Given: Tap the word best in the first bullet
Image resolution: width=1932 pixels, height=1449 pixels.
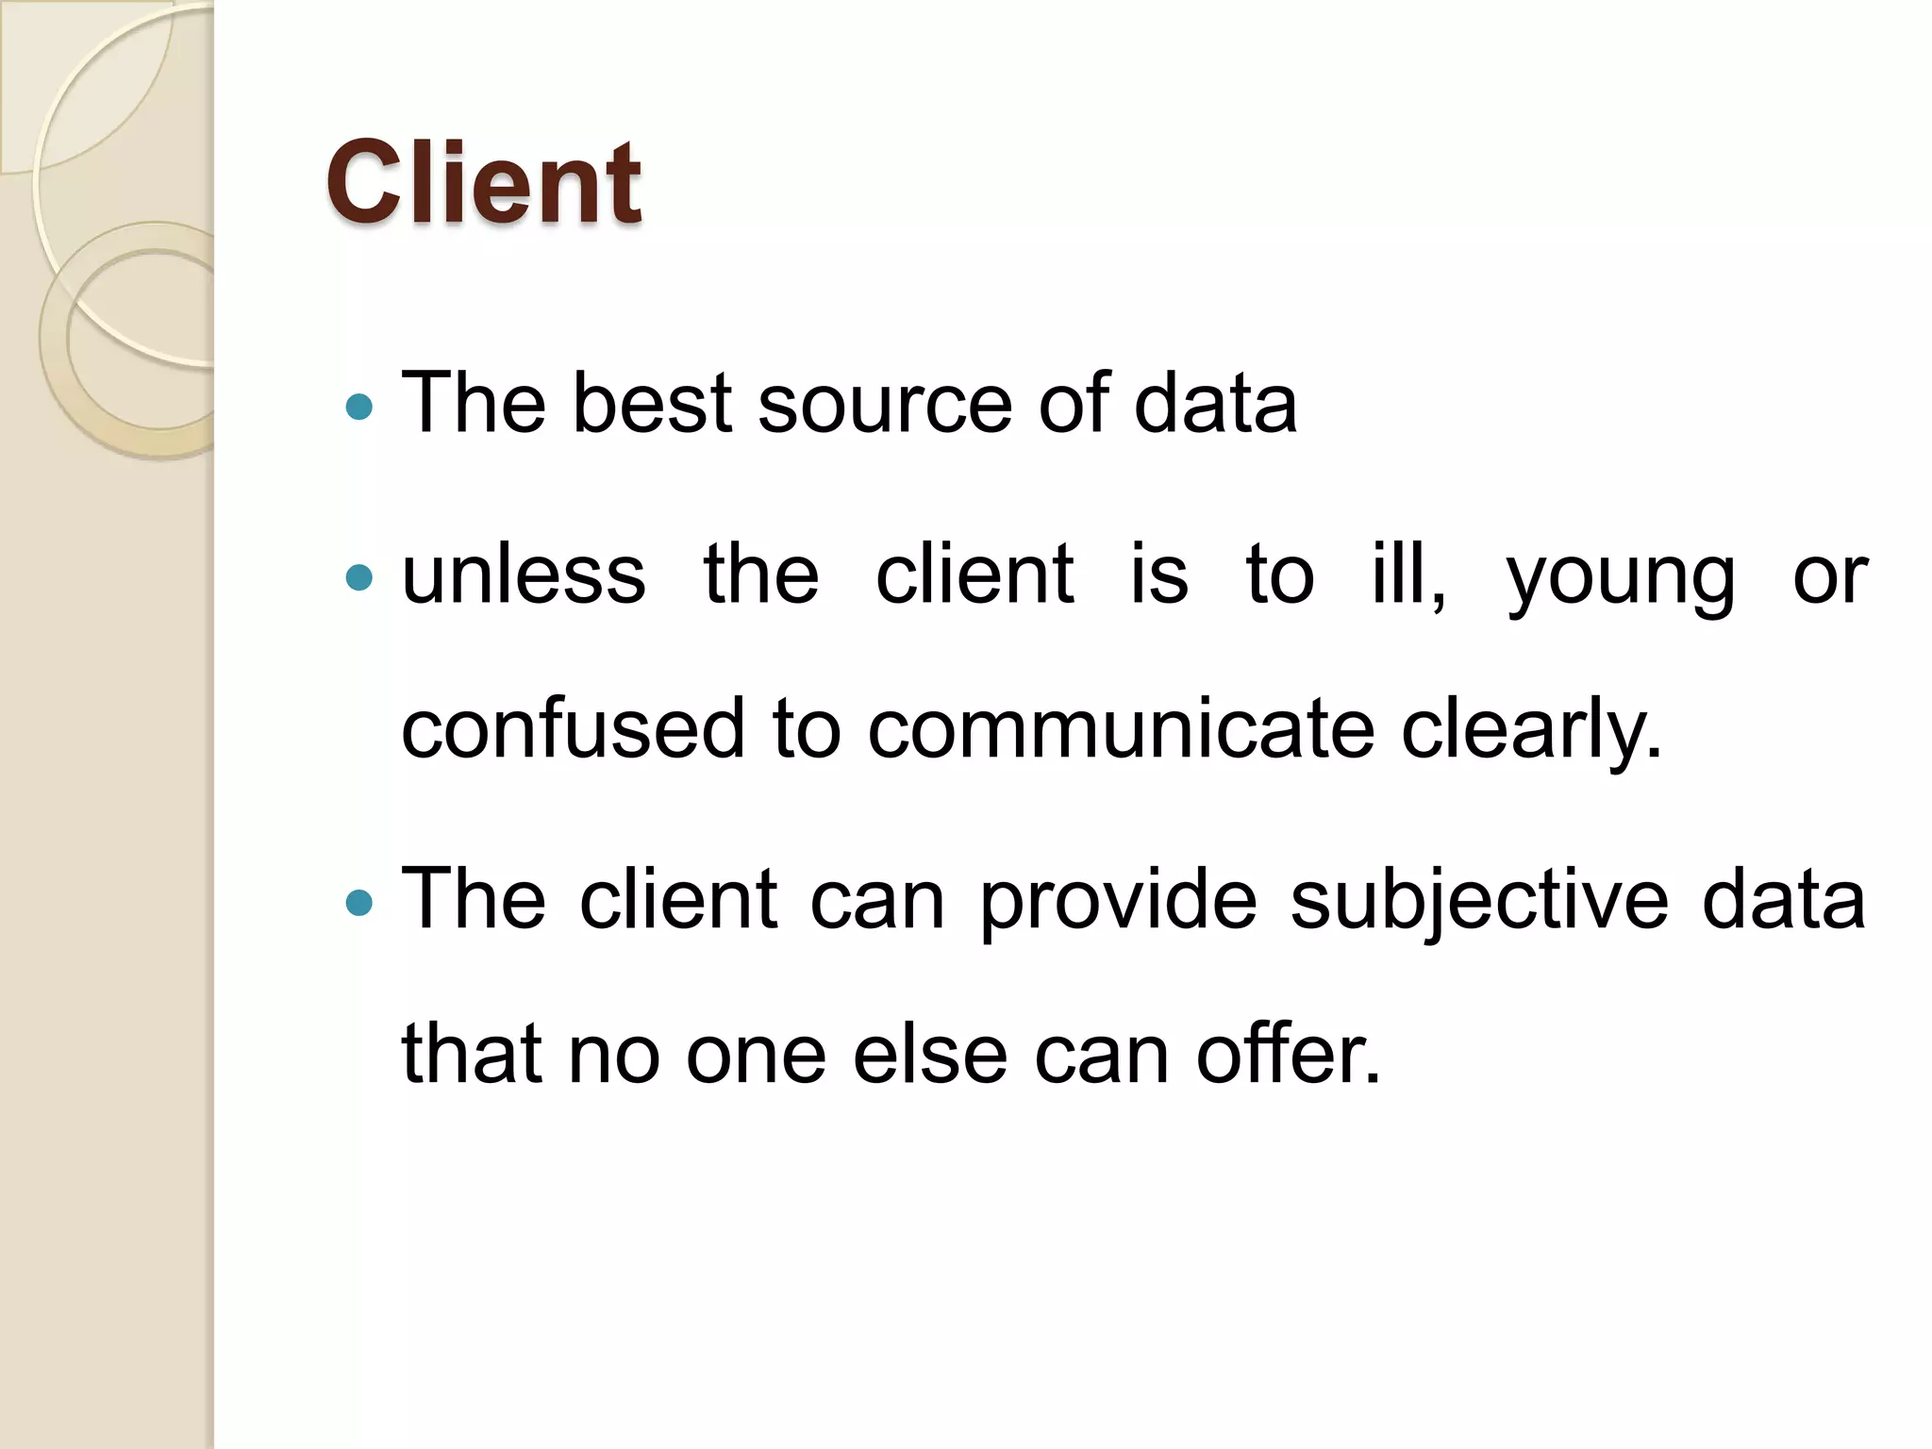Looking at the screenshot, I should pos(652,404).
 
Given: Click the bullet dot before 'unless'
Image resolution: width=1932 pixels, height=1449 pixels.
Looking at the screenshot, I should pos(359,576).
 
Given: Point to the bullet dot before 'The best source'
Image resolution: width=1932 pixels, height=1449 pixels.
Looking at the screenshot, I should pos(359,407).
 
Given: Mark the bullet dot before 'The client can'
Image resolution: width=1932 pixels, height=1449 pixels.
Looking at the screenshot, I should pos(359,903).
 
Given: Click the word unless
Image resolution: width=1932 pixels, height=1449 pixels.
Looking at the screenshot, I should pos(524,575).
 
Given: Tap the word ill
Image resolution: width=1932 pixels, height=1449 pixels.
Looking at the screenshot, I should pos(1407,575).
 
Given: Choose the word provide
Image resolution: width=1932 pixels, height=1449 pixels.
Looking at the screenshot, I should pos(1118,901).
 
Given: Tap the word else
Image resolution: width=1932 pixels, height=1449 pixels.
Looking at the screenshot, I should pos(930,1055).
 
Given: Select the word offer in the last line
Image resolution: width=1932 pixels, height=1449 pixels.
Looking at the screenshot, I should pos(1288,1053).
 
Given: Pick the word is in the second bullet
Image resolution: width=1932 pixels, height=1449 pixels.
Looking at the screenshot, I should pos(1158,575).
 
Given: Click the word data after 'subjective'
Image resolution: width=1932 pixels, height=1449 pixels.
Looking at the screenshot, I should pos(1784,901).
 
